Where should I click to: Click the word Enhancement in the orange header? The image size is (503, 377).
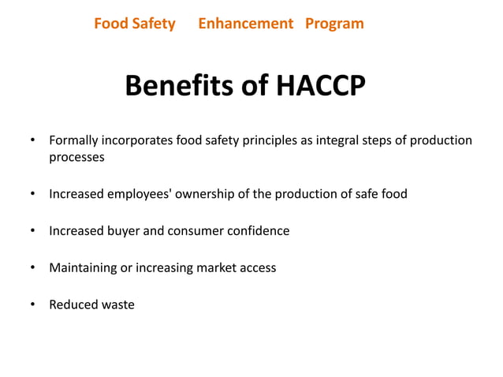(x=245, y=24)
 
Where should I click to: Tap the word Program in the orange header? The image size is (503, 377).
(x=334, y=24)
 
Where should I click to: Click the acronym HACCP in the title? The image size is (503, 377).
(x=319, y=87)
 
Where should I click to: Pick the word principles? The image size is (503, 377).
(x=263, y=140)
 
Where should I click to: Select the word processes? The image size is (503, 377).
(x=76, y=157)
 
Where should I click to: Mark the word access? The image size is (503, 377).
(x=257, y=267)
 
